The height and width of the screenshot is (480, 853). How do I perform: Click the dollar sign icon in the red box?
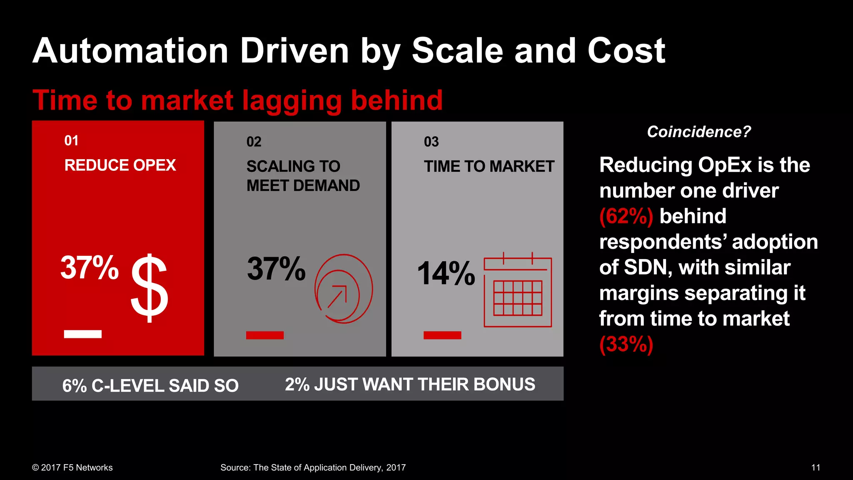click(150, 288)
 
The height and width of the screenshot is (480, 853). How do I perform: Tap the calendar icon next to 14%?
click(518, 290)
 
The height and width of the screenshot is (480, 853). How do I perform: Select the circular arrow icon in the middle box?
click(343, 289)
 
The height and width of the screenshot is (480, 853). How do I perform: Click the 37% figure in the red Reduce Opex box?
click(90, 267)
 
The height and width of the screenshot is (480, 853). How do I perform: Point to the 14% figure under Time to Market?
click(446, 273)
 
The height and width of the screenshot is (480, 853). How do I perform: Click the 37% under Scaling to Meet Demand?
click(276, 269)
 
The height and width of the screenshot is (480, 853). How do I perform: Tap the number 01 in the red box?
click(71, 141)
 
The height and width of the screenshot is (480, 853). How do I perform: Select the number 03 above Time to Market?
click(431, 142)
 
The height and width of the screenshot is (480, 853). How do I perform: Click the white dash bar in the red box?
click(83, 334)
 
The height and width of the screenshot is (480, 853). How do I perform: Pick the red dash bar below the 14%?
click(442, 335)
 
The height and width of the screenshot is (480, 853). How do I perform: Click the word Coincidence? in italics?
click(698, 132)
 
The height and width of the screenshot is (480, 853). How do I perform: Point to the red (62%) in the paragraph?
click(626, 216)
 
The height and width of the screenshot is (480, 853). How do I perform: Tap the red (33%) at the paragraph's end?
click(626, 344)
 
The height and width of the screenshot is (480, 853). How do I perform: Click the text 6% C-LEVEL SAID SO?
click(150, 385)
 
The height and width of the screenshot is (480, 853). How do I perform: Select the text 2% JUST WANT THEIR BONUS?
click(410, 384)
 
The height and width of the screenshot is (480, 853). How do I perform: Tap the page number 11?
click(816, 467)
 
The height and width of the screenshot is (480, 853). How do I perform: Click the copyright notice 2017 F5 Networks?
click(72, 467)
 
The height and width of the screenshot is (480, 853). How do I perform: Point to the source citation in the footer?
click(313, 467)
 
